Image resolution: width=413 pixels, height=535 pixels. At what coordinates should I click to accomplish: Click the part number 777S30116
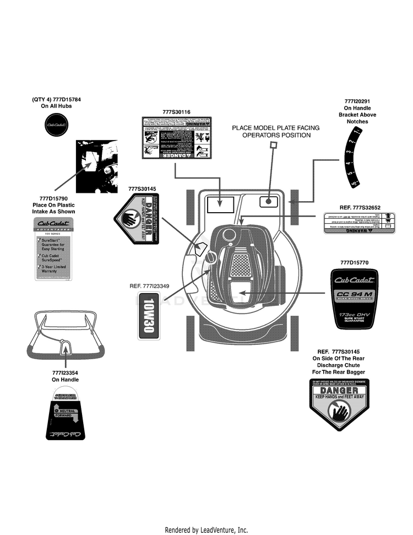pyautogui.click(x=176, y=112)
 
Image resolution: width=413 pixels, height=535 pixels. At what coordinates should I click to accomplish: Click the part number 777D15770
pyautogui.click(x=358, y=262)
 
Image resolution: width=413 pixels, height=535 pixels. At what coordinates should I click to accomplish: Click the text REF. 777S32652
pyautogui.click(x=360, y=208)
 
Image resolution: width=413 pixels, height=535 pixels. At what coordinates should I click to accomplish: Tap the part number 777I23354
pyautogui.click(x=65, y=372)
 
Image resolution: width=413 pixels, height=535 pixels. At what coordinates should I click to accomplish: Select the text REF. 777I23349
pyautogui.click(x=149, y=286)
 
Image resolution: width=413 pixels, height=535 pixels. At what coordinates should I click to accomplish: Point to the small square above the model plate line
pyautogui.click(x=272, y=145)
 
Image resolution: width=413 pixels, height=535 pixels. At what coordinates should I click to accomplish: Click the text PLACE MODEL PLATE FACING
pyautogui.click(x=275, y=127)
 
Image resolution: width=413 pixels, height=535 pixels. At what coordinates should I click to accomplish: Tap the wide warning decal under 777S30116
pyautogui.click(x=176, y=138)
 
